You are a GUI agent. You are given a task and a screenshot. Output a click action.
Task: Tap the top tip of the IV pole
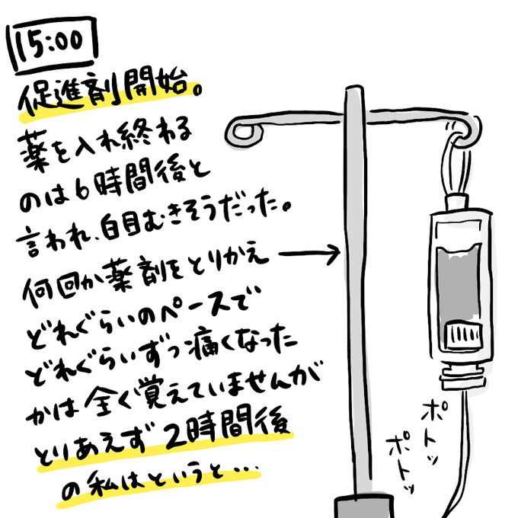(x=351, y=91)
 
